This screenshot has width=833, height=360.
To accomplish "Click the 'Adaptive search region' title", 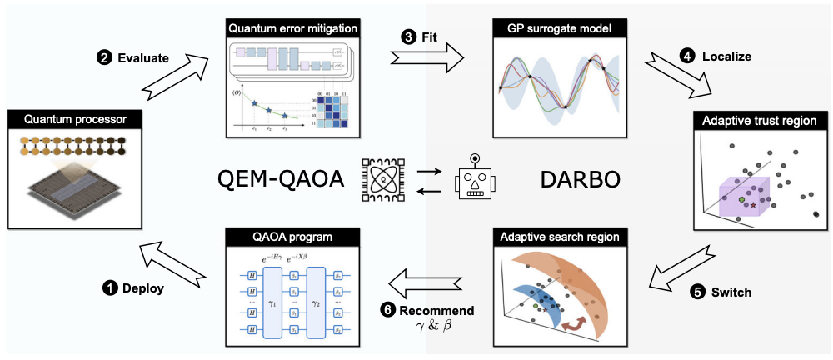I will coord(559,237).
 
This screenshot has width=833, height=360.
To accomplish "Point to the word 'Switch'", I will coord(735,292).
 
